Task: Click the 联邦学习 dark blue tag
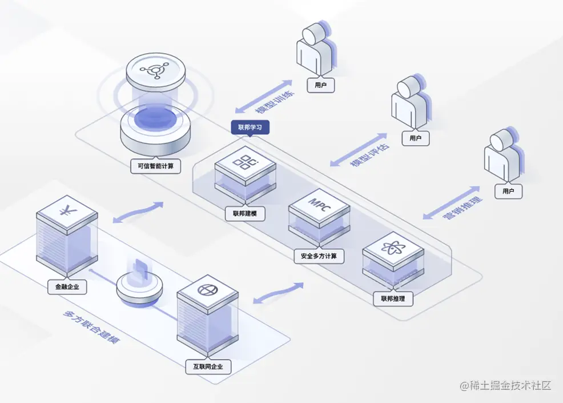250,127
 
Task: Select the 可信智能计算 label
156,167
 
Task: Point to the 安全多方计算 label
319,256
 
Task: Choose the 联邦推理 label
393,298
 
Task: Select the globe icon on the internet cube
207,289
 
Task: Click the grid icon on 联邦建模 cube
246,162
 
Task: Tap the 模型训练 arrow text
263,96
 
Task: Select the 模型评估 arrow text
359,150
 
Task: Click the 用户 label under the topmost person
320,86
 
